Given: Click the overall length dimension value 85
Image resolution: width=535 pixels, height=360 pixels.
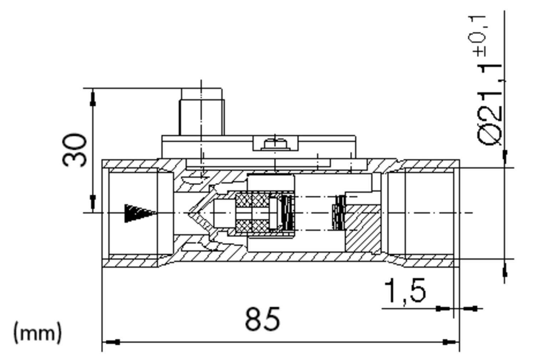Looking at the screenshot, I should (x=263, y=319).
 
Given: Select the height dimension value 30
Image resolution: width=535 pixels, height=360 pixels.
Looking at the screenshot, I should (x=75, y=150).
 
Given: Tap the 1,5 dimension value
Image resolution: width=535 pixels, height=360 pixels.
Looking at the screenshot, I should (x=405, y=291).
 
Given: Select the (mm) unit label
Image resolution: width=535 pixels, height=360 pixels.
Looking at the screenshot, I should (x=37, y=333).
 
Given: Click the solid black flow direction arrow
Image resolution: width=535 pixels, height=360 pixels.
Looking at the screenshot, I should (x=139, y=213).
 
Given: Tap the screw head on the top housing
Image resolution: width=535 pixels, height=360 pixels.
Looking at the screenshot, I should (x=275, y=143).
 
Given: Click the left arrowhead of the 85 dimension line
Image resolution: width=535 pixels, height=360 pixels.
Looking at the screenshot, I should (x=111, y=342).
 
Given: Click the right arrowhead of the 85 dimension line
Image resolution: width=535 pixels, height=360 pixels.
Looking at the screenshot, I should (x=450, y=342).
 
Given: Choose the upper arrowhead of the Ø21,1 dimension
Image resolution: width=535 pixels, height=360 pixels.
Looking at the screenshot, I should (x=505, y=157).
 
